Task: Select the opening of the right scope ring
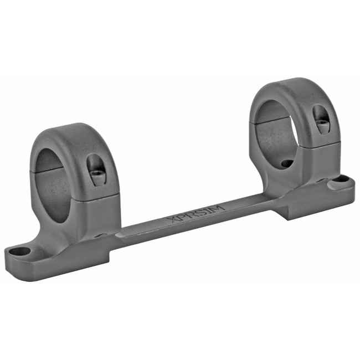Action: (277, 130)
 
